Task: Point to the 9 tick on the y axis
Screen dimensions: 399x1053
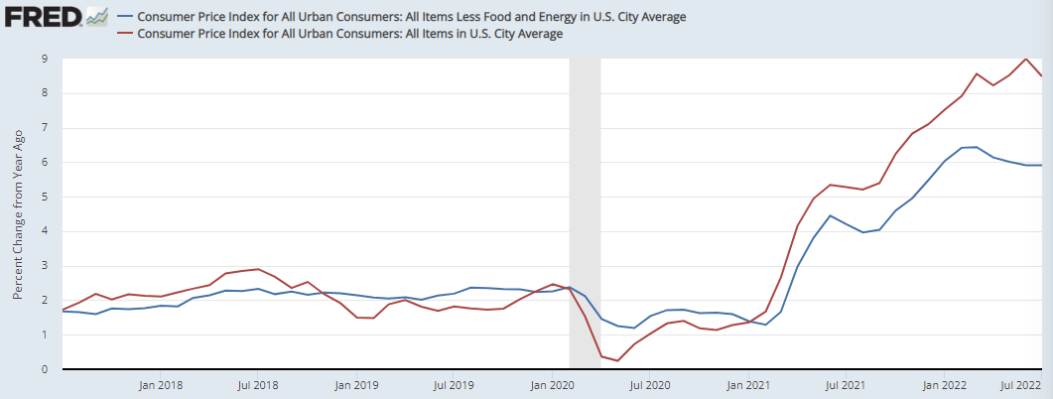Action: pyautogui.click(x=45, y=59)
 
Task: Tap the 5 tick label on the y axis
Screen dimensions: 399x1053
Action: pyautogui.click(x=45, y=197)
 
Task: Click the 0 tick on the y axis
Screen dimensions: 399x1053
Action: pyautogui.click(x=45, y=370)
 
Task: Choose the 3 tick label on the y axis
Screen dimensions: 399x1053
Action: pyautogui.click(x=45, y=266)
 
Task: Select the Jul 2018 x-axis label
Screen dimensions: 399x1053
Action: pyautogui.click(x=257, y=384)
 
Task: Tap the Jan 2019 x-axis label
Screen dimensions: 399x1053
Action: pyautogui.click(x=355, y=384)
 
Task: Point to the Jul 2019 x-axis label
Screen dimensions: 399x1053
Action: pyautogui.click(x=453, y=384)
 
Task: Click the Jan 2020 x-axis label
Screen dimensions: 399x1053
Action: pyautogui.click(x=552, y=384)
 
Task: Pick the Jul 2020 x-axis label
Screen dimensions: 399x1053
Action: pyautogui.click(x=648, y=384)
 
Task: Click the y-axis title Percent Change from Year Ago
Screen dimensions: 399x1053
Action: pyautogui.click(x=17, y=213)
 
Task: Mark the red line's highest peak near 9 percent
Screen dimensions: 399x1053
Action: pyautogui.click(x=1025, y=59)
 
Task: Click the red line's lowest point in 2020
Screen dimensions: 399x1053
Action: pyautogui.click(x=617, y=360)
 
